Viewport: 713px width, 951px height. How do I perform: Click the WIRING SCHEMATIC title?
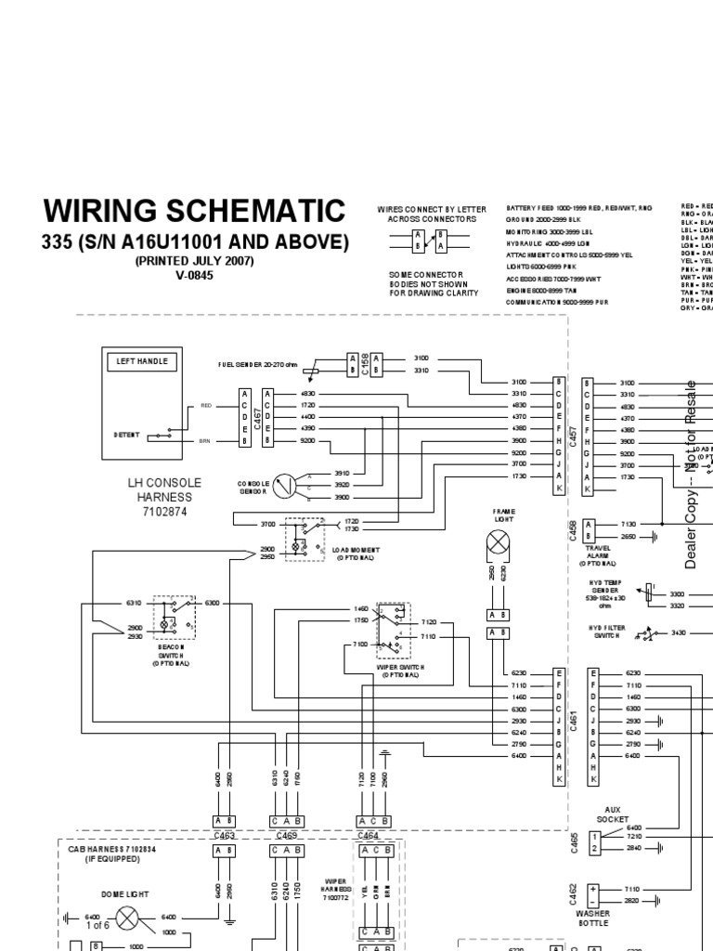click(x=195, y=210)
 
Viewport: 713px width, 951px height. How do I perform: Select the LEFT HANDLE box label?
click(x=141, y=361)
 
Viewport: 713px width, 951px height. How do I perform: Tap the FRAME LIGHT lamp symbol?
click(x=504, y=546)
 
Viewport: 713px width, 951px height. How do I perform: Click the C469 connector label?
click(x=287, y=836)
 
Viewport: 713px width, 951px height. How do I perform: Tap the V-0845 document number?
click(x=194, y=275)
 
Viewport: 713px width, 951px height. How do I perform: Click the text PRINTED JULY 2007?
click(x=194, y=261)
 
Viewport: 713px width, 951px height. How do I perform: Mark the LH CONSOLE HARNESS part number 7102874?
click(x=164, y=511)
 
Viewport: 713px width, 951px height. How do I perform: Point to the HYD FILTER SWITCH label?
click(x=608, y=632)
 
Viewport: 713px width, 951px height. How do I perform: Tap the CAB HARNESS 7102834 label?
click(x=117, y=849)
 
